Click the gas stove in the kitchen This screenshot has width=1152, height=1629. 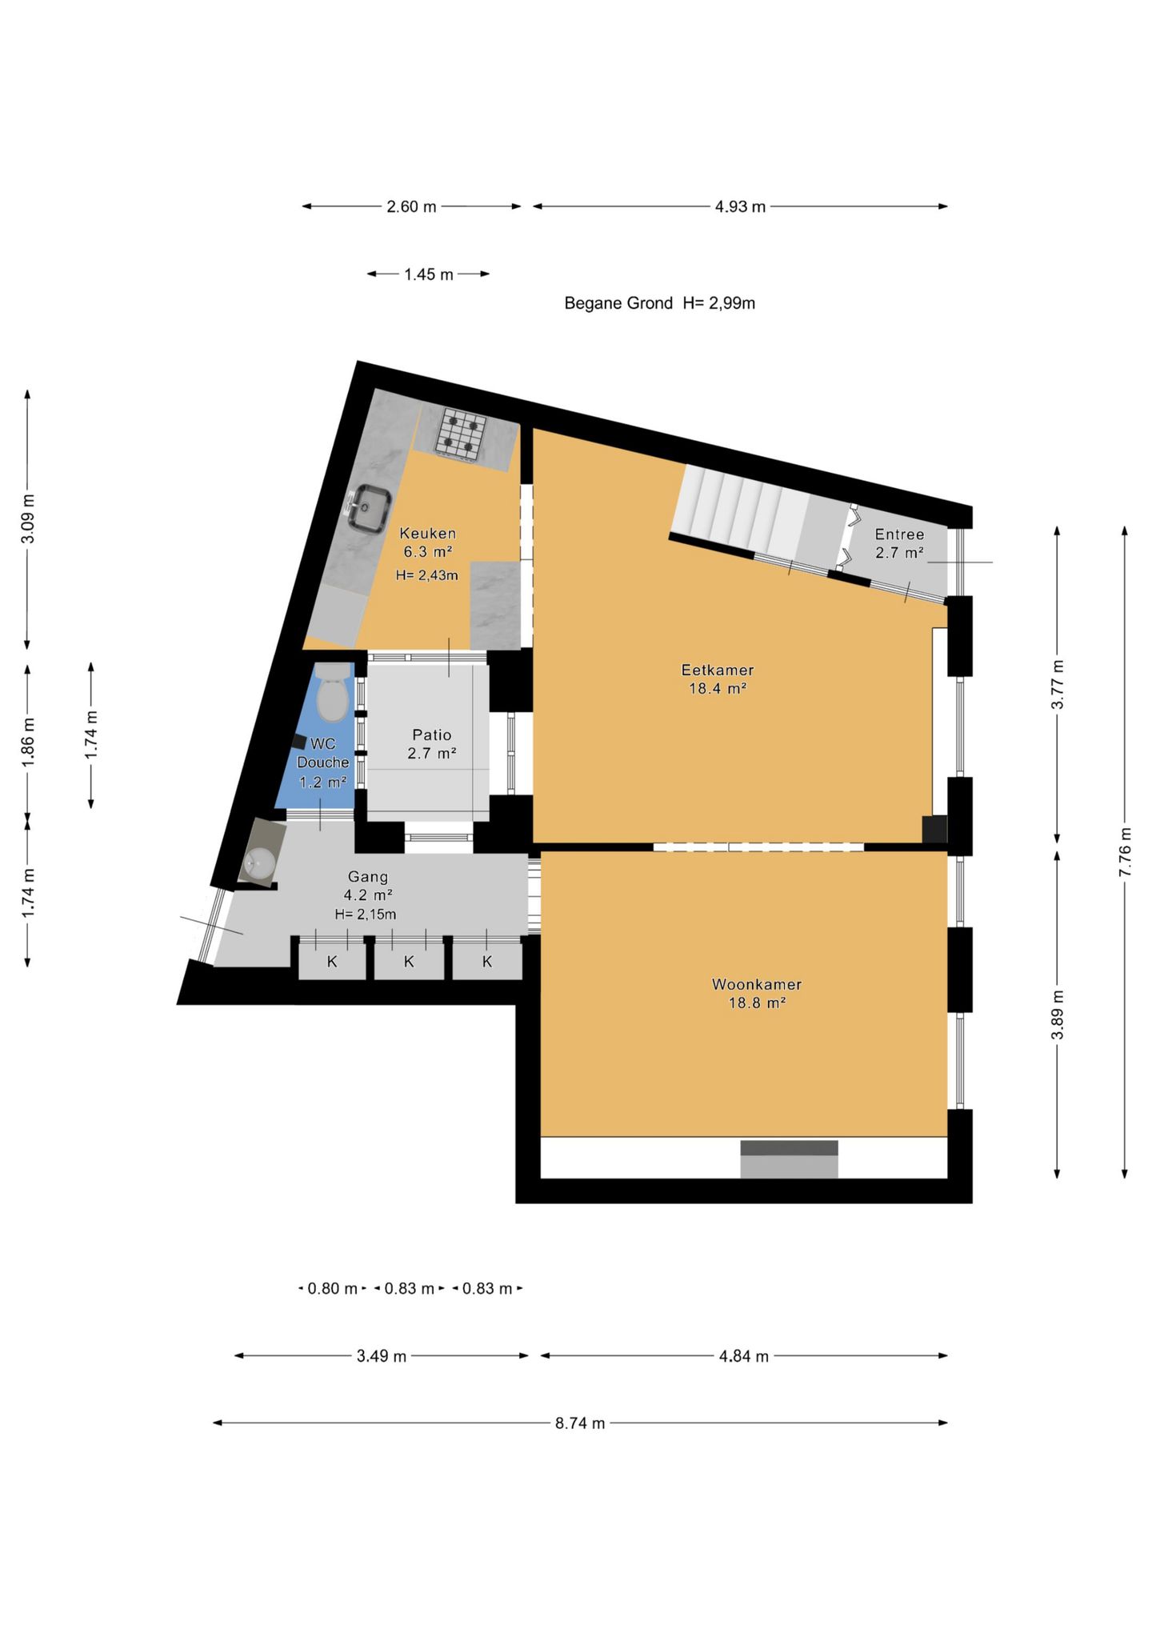coord(462,434)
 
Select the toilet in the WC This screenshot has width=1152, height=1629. coord(332,693)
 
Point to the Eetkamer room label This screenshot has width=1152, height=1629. coord(718,678)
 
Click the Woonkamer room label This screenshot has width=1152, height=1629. coord(757,993)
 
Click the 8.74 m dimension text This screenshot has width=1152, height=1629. coord(580,1423)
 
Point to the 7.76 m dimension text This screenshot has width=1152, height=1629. coord(1125,851)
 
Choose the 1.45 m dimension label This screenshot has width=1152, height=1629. coord(429,274)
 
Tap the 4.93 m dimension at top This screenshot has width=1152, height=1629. coord(740,206)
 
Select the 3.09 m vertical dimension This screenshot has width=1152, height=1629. coord(28,518)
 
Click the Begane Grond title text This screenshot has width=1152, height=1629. coord(618,303)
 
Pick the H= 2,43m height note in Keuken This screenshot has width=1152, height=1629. coord(427,575)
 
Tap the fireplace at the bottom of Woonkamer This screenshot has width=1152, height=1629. coord(789,1159)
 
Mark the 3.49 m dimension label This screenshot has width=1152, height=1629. coord(382,1356)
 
